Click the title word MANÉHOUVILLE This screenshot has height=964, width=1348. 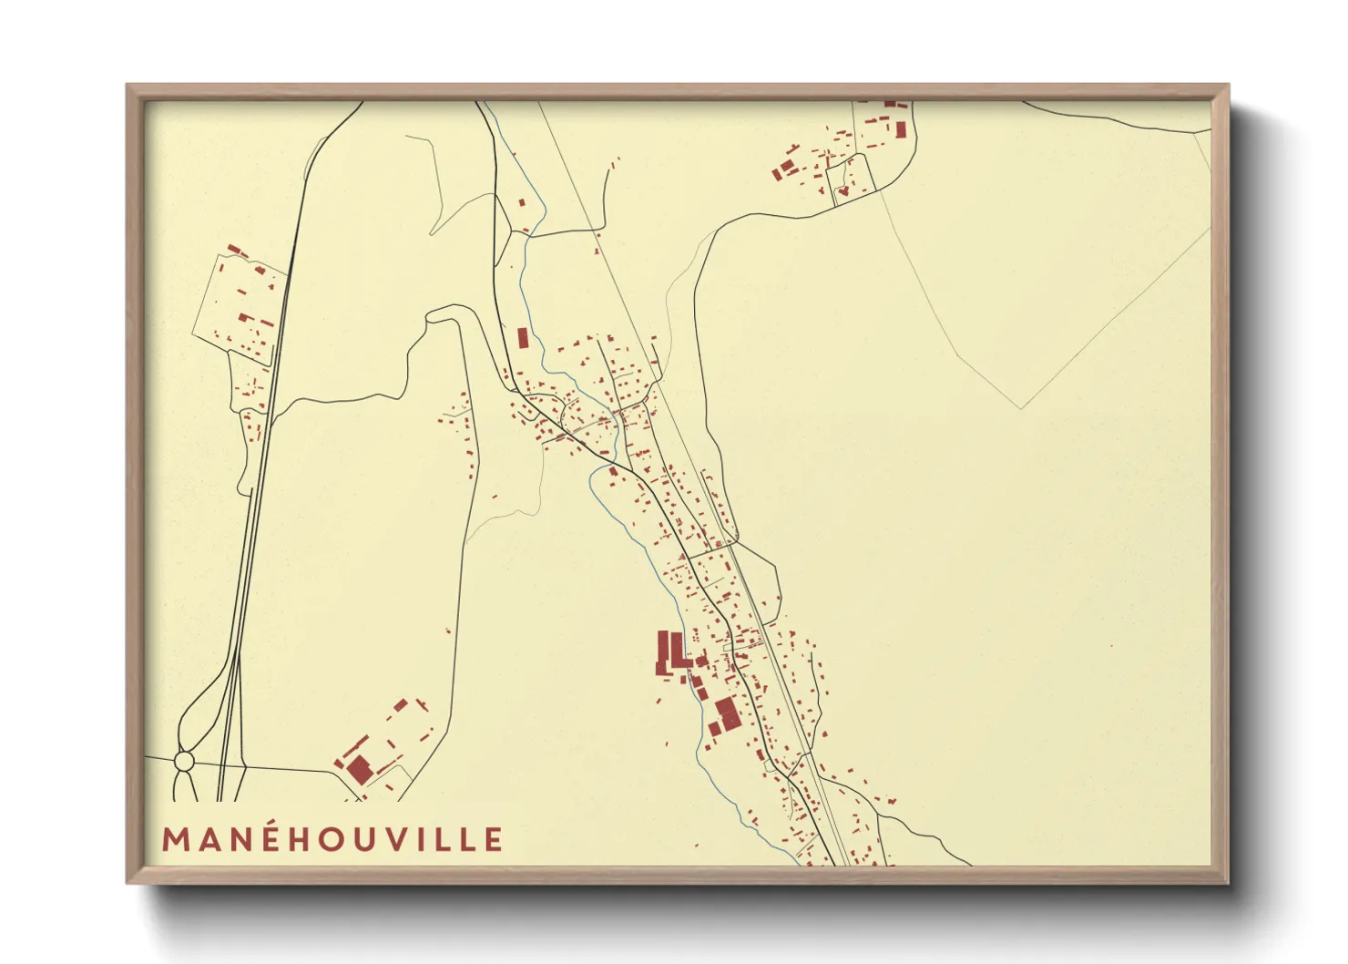332,839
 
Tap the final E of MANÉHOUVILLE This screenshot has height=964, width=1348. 493,839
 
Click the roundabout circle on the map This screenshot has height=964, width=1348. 184,760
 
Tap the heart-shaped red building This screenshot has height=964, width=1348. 843,191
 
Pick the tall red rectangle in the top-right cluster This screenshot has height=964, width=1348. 901,129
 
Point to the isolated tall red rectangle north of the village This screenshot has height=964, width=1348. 523,339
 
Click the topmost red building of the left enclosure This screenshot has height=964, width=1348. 233,249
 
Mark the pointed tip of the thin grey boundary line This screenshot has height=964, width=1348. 1022,407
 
